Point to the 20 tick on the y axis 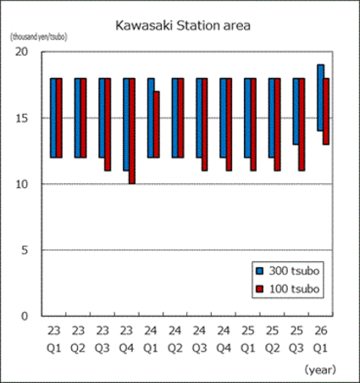point(23,52)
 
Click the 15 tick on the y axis point(23,118)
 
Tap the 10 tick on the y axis point(23,184)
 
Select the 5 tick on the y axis point(26,250)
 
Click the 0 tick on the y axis point(26,316)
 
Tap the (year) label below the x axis point(319,369)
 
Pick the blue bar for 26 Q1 point(320,97)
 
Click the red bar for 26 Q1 point(327,111)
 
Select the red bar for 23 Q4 point(132,130)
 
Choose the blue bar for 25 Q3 point(296,111)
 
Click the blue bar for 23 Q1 point(53,118)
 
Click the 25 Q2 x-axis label point(274,338)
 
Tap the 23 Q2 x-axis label point(79,338)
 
